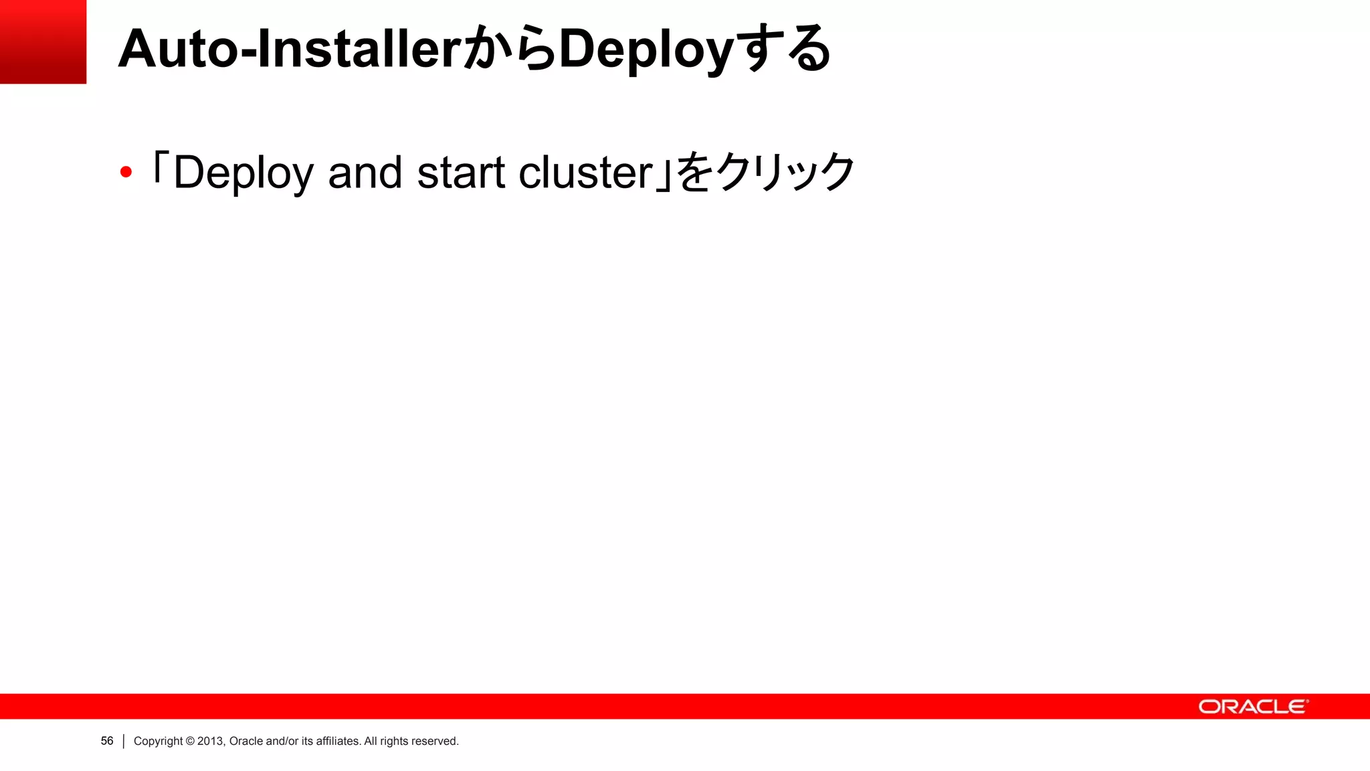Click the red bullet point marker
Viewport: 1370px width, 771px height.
click(126, 173)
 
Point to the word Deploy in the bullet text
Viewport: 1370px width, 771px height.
click(243, 173)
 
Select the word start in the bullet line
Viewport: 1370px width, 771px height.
click(461, 173)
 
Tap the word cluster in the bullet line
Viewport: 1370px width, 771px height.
click(585, 173)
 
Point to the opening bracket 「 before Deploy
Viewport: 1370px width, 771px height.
click(159, 167)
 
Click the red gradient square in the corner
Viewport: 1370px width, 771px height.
click(43, 41)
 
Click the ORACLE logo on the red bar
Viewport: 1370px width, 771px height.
click(1252, 707)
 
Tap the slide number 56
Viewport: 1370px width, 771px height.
click(107, 741)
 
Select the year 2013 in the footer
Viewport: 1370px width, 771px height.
click(210, 741)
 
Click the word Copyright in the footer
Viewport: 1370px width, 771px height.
click(158, 741)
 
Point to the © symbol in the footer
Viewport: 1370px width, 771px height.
click(190, 741)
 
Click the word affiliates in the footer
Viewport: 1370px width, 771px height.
click(338, 741)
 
